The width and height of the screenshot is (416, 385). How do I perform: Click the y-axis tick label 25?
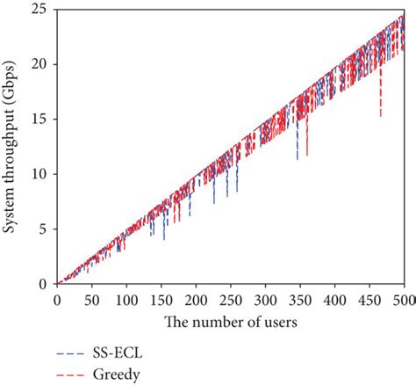[x=39, y=10]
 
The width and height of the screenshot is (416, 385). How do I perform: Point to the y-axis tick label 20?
[x=39, y=64]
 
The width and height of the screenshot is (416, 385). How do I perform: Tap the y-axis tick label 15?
[x=39, y=119]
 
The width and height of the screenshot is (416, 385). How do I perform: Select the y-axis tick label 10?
[x=39, y=174]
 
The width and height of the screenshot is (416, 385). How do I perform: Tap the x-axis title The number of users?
[x=230, y=321]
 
